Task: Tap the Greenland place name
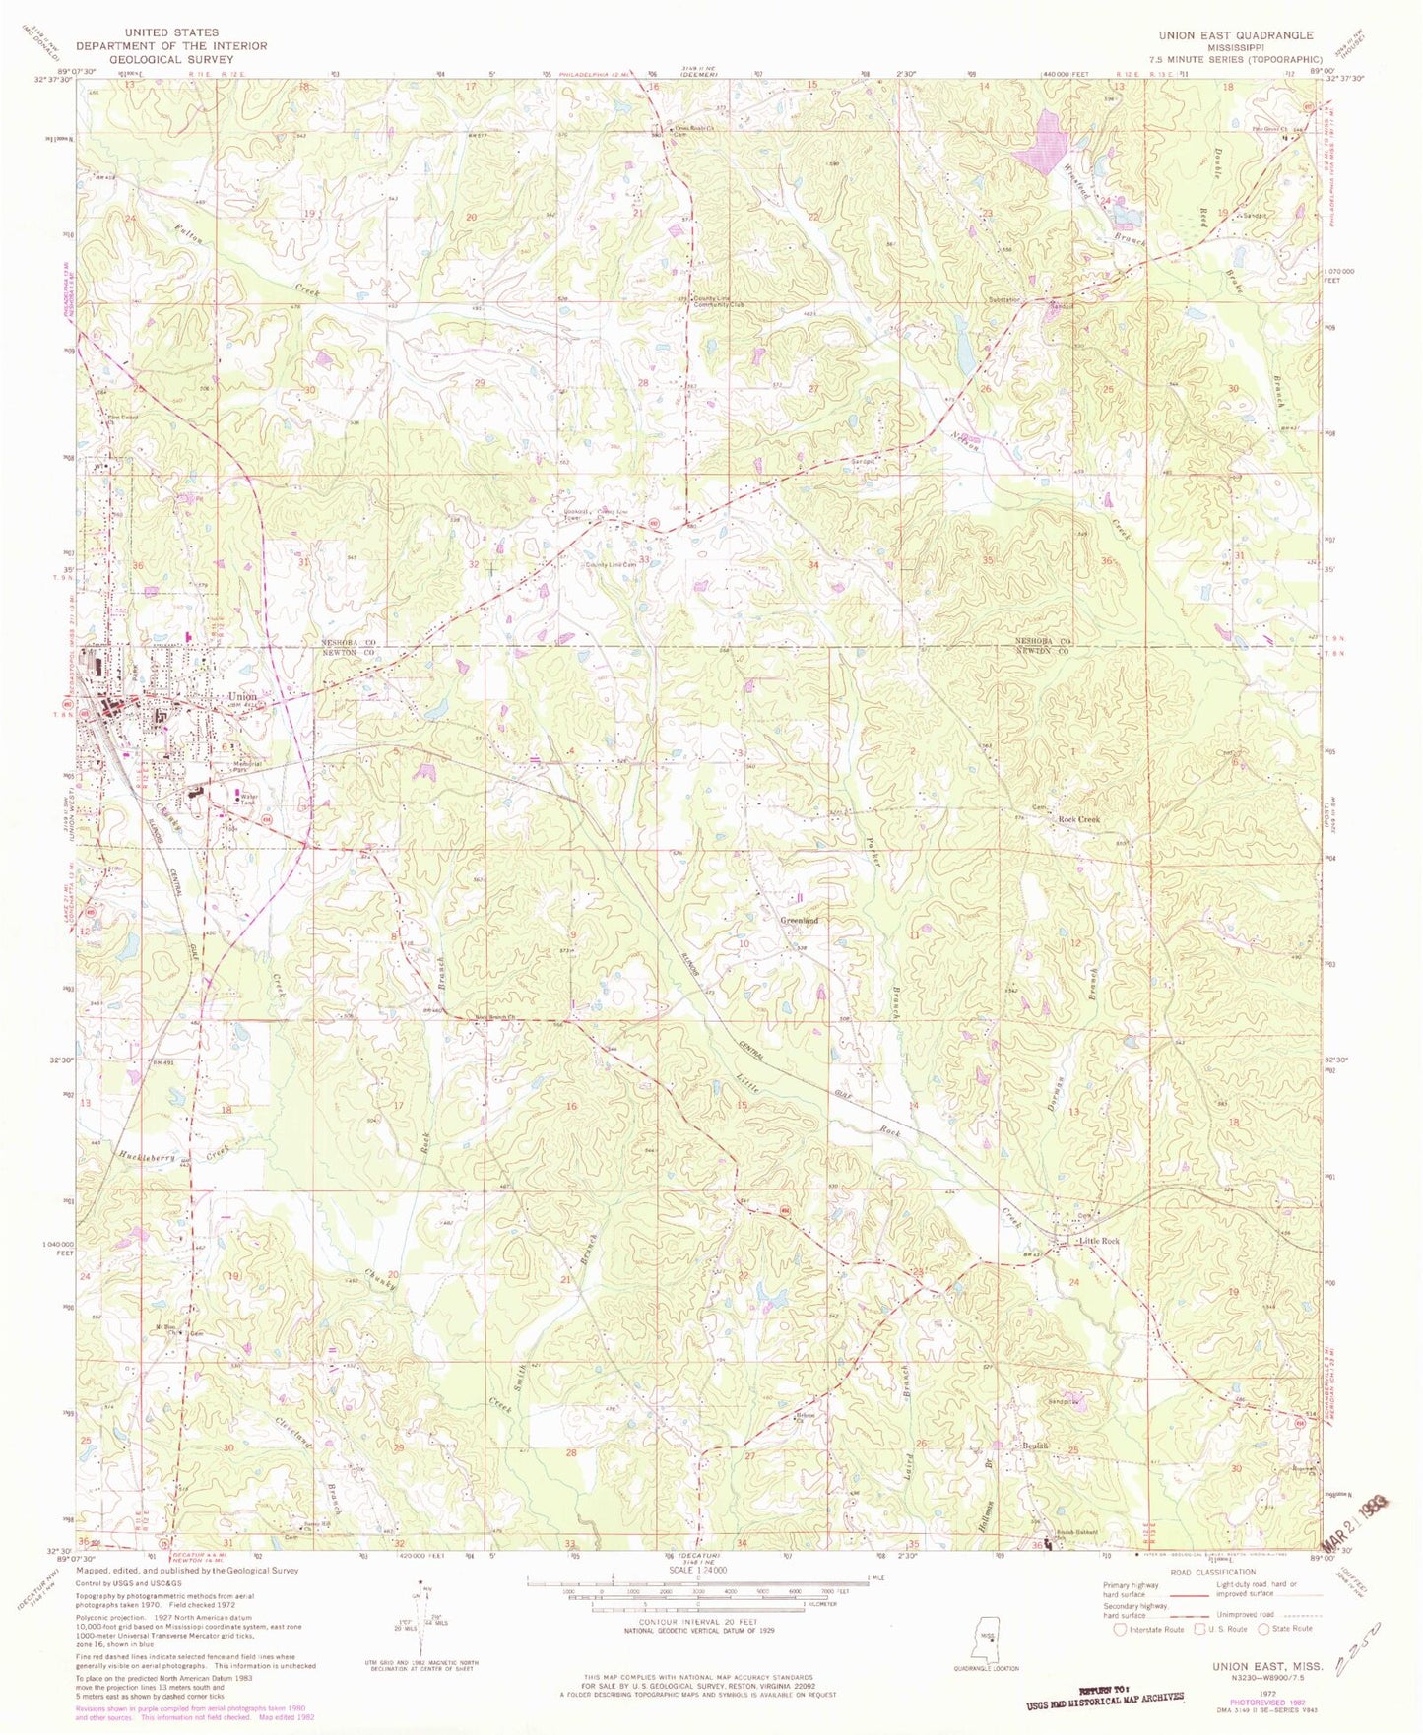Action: click(x=800, y=920)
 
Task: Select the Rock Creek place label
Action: click(x=1078, y=819)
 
